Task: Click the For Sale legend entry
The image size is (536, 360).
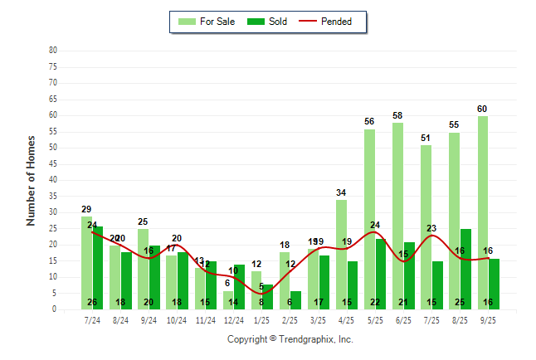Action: [x=208, y=22]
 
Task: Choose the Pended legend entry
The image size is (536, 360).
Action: [x=333, y=22]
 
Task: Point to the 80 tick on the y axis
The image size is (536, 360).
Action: [x=53, y=51]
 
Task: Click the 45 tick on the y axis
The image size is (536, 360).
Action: [x=53, y=163]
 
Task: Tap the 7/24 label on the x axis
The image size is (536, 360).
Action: [x=92, y=319]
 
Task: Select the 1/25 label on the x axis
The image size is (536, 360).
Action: [x=261, y=319]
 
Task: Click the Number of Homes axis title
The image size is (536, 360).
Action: [x=32, y=180]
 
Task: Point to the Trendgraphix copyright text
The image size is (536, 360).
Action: [x=290, y=339]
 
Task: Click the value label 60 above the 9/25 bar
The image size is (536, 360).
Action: [x=482, y=109]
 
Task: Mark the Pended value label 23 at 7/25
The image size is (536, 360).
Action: [x=431, y=228]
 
